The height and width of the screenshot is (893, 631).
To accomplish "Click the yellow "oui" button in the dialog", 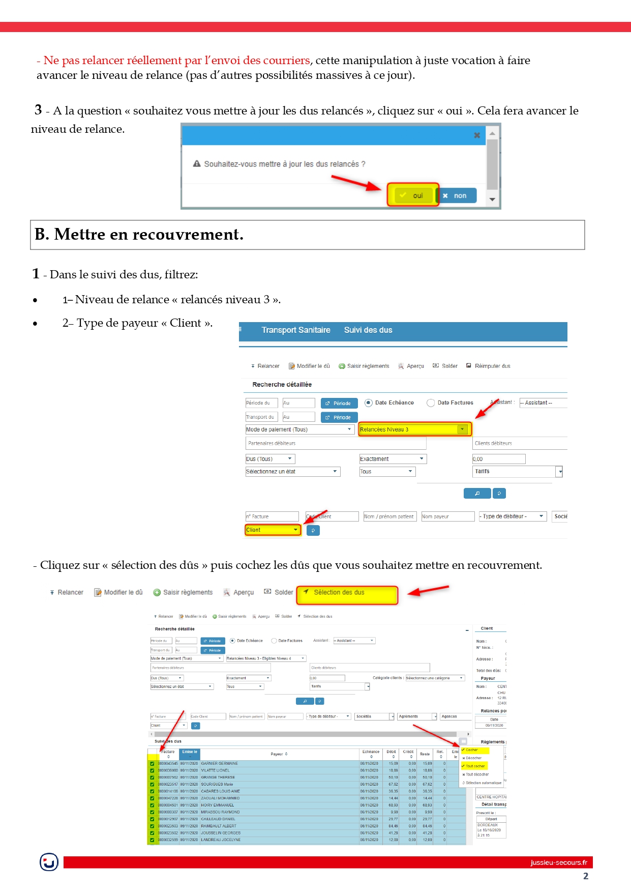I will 413,195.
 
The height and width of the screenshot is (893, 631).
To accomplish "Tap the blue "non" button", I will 457,195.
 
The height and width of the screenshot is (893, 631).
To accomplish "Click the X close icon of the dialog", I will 477,135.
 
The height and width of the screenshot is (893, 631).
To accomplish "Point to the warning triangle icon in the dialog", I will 197,164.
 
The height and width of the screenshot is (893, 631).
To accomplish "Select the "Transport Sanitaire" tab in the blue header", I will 296,330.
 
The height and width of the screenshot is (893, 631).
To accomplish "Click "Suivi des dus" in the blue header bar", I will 368,330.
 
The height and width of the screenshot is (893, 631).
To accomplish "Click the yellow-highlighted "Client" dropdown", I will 273,530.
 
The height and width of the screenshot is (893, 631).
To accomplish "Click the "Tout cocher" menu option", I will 475,766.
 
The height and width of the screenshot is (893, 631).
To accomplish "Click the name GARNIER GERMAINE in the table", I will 219,763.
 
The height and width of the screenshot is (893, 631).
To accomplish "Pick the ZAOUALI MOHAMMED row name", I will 220,798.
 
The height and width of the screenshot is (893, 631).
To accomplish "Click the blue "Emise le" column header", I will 190,752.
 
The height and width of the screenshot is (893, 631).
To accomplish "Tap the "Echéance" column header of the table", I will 371,752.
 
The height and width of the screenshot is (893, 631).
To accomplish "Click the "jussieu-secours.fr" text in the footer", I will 558,862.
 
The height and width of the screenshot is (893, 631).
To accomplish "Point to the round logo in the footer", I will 49,862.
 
